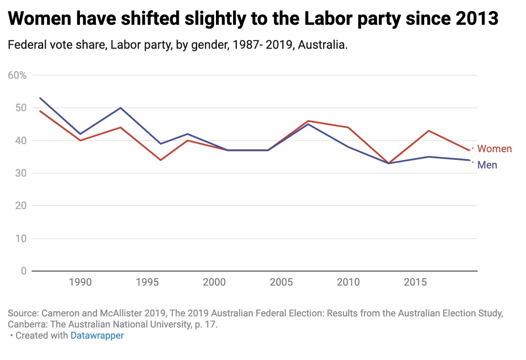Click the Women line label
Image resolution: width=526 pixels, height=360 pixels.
click(x=494, y=149)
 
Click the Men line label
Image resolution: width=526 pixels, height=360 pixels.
click(x=487, y=165)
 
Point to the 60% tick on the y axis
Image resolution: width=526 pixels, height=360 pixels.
click(x=17, y=76)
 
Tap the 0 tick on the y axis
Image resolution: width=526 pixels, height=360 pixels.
click(x=23, y=271)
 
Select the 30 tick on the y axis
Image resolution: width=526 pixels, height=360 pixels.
click(x=21, y=173)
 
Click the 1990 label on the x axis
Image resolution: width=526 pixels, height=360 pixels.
click(x=80, y=282)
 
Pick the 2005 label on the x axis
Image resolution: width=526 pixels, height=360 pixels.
click(x=281, y=282)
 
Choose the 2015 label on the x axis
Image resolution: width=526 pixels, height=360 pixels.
click(x=416, y=282)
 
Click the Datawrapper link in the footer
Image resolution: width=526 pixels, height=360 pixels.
click(x=97, y=336)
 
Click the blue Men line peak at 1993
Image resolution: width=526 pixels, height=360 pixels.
click(x=121, y=108)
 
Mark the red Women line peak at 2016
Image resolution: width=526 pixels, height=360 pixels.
click(x=429, y=131)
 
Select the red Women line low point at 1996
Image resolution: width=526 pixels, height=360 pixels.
click(x=161, y=160)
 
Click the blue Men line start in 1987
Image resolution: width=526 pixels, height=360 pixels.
click(x=40, y=98)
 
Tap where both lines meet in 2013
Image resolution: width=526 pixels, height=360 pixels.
click(x=389, y=163)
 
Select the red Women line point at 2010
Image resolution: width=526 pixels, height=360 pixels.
click(x=349, y=127)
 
